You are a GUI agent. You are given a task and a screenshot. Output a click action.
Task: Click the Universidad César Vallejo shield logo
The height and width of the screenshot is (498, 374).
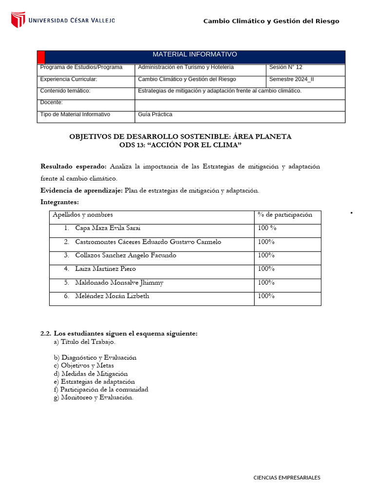click(18, 20)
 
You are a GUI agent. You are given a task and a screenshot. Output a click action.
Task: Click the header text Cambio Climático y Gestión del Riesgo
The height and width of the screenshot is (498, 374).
click(271, 21)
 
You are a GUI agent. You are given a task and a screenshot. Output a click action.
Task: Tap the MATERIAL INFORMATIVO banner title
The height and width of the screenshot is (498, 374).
click(195, 54)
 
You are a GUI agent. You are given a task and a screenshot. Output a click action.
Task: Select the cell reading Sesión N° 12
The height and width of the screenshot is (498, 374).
click(286, 68)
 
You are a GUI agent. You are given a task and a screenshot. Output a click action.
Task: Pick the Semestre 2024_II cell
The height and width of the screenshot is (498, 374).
click(292, 79)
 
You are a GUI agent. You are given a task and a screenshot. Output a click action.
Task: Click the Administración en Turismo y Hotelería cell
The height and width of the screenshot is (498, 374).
click(186, 68)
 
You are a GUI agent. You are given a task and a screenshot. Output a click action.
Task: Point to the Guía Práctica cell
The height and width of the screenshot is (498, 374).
click(155, 115)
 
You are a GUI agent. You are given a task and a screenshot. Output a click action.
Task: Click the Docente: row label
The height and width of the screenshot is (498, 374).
click(52, 103)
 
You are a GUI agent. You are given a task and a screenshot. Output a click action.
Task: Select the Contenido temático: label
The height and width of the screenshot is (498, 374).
click(65, 91)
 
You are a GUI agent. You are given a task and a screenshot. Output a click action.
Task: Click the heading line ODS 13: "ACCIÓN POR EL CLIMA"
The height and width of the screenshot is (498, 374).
click(181, 145)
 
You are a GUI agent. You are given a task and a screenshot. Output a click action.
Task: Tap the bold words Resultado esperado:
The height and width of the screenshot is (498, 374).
click(74, 167)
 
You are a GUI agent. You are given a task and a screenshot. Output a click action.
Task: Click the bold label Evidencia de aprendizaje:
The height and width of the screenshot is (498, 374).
click(82, 191)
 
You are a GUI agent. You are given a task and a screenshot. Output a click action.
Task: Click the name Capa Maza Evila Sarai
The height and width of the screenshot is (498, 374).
click(108, 228)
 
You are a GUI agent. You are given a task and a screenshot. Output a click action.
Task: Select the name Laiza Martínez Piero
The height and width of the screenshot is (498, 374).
click(106, 269)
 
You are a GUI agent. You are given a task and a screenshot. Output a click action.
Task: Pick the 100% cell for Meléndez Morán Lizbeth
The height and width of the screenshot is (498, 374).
click(266, 296)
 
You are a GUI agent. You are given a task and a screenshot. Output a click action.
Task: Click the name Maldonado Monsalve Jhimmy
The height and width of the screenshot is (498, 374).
click(119, 283)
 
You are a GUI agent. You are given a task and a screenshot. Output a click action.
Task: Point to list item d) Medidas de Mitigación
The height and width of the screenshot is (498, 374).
click(91, 374)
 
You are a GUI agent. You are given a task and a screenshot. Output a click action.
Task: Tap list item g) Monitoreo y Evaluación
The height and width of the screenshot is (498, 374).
click(93, 397)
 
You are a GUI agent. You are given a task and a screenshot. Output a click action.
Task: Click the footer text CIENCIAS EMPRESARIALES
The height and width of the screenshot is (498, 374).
click(287, 478)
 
